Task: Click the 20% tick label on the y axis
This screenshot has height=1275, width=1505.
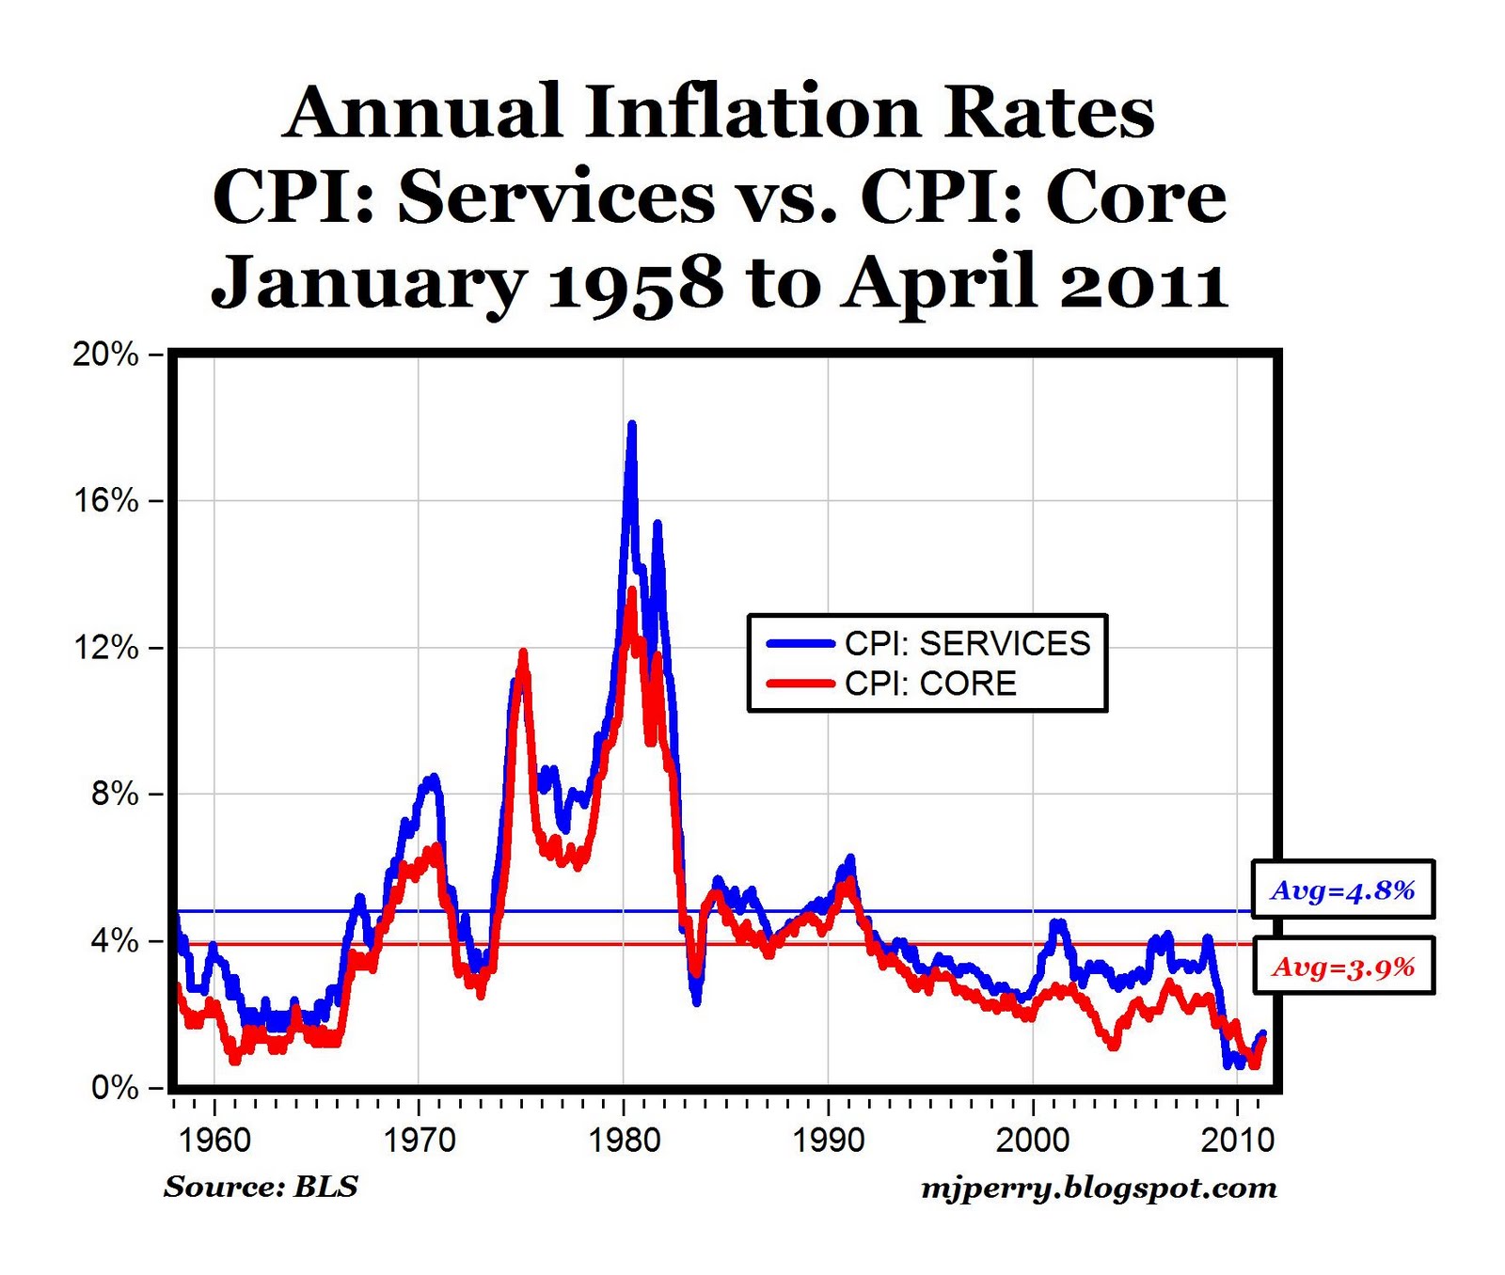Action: (x=105, y=354)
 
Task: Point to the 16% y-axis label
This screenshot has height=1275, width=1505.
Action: (x=105, y=500)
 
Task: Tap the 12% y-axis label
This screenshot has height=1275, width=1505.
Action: (x=105, y=648)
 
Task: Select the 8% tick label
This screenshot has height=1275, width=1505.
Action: (x=114, y=794)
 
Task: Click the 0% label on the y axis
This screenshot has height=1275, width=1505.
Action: (x=114, y=1088)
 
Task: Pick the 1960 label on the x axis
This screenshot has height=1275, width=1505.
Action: (x=214, y=1141)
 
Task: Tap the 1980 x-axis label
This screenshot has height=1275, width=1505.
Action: (x=624, y=1141)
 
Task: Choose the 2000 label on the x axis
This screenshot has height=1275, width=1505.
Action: (x=1033, y=1141)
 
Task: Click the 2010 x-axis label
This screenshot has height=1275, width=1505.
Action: (x=1237, y=1141)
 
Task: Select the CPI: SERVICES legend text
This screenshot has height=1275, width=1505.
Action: (x=967, y=644)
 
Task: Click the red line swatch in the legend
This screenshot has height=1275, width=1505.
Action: (x=800, y=684)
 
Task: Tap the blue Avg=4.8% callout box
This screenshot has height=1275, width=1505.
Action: (x=1342, y=889)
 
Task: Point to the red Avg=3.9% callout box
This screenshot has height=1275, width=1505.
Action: (x=1342, y=967)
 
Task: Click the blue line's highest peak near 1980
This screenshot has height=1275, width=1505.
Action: (x=632, y=425)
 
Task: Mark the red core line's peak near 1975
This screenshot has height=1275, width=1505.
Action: (x=523, y=652)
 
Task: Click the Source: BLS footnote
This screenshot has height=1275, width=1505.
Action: (x=261, y=1187)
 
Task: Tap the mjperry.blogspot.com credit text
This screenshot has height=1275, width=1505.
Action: (x=1098, y=1188)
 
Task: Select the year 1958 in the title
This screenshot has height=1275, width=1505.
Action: (x=635, y=283)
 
